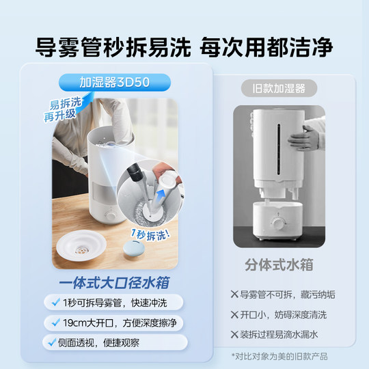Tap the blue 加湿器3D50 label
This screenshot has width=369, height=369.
114,83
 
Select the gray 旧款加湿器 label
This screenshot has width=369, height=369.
273,88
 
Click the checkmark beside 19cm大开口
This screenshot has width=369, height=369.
55,321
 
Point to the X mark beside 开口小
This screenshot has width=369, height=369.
234,315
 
